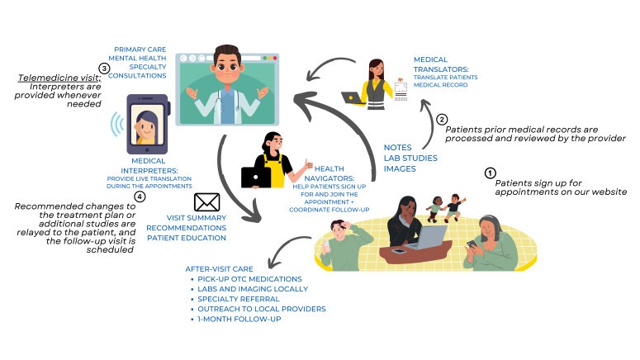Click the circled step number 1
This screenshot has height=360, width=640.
point(491,173)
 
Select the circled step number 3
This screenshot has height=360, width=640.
point(103,69)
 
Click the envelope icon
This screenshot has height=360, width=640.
point(206,202)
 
